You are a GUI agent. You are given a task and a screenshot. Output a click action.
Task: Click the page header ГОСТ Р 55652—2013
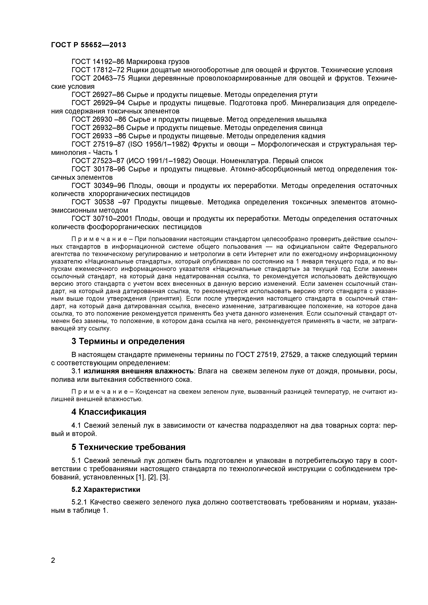88,45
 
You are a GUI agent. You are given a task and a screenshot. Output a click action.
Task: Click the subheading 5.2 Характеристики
106,489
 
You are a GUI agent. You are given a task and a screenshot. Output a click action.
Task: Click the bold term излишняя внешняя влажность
139,371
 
